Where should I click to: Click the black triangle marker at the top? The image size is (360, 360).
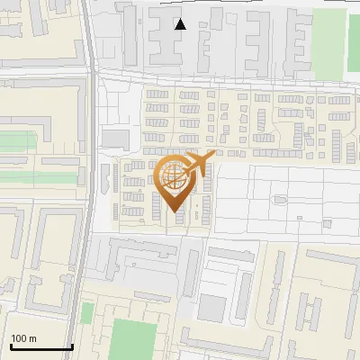pos(180,24)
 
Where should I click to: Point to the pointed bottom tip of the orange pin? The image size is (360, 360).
pos(175,213)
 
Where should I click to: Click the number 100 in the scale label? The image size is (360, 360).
pos(19,338)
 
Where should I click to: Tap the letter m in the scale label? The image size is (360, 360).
pos(32,338)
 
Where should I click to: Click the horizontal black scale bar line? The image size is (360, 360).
pos(40,347)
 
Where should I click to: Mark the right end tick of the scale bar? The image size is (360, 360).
pos(72,346)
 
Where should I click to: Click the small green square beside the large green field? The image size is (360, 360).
pos(87,313)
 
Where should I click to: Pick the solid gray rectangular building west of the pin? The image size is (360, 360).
pos(114,138)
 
